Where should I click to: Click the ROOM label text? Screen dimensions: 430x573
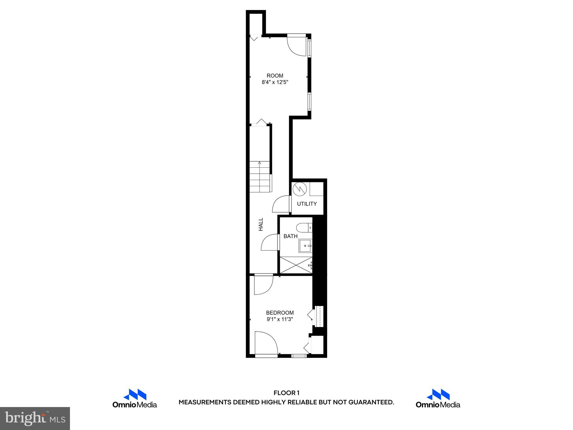(x=275, y=76)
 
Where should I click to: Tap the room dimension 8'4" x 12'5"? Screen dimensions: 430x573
(x=275, y=82)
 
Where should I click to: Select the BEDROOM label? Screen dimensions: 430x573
(x=280, y=313)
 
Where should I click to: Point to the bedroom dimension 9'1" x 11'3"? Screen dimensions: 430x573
(x=280, y=319)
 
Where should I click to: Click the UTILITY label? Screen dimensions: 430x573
(x=307, y=204)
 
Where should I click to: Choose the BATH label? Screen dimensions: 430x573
(x=290, y=236)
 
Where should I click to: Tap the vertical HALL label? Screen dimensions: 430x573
(x=261, y=224)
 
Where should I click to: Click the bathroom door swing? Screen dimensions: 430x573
(x=270, y=242)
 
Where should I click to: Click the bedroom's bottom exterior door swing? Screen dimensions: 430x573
(x=266, y=343)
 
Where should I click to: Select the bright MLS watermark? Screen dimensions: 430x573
(x=35, y=418)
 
